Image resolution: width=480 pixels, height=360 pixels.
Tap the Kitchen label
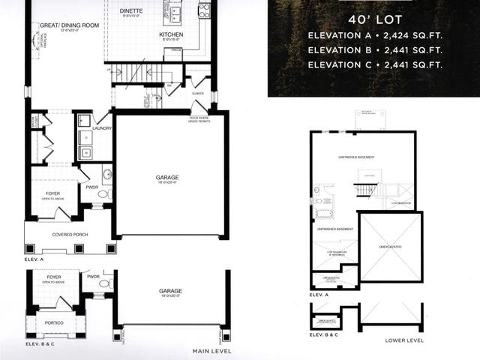tap(171, 34)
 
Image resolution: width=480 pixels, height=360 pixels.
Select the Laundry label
tap(102, 128)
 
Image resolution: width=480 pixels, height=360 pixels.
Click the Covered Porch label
tap(70, 235)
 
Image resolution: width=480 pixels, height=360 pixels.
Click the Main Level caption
tap(211, 351)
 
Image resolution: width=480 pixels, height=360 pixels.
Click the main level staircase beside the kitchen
tap(135, 74)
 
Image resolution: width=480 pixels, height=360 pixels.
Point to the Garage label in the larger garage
tap(168, 178)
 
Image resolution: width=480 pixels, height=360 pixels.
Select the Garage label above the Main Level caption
tap(171, 291)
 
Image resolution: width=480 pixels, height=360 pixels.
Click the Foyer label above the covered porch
tap(52, 193)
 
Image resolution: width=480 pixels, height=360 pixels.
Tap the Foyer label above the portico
tap(53, 277)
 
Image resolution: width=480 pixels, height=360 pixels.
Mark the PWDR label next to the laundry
tap(92, 186)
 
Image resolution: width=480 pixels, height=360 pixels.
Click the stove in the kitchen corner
tap(203, 10)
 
